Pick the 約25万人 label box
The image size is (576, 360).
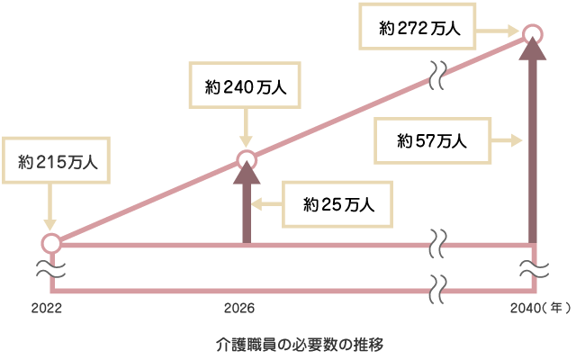[x=338, y=205]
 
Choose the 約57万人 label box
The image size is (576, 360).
[x=432, y=140]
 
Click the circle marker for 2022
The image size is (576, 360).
[x=51, y=243]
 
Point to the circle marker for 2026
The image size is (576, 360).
[x=247, y=160]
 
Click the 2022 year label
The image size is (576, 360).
[x=46, y=308]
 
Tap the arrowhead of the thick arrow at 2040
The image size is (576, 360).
[x=533, y=53]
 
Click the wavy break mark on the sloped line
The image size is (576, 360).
[x=438, y=76]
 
